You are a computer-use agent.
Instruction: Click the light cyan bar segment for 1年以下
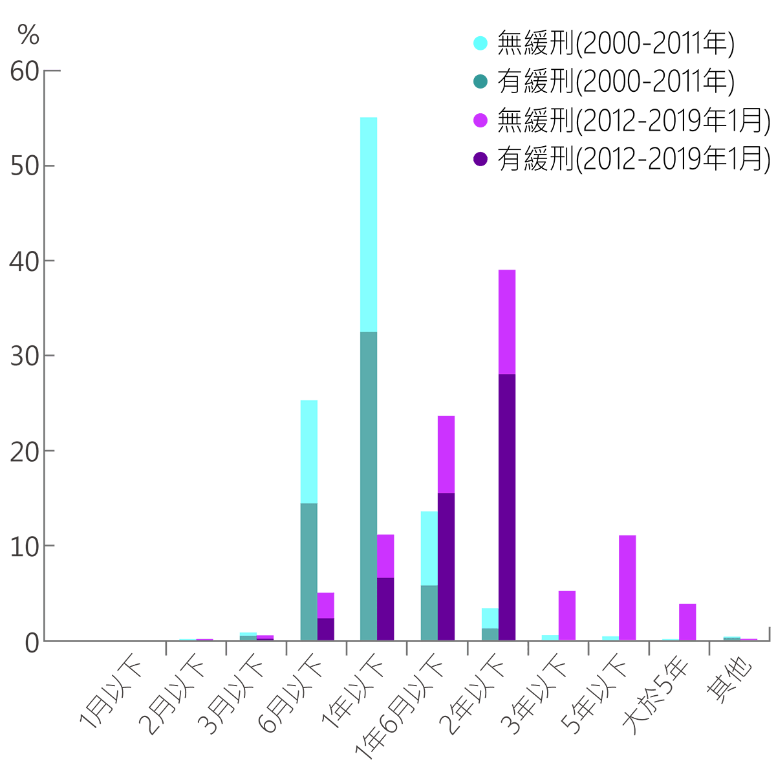(x=368, y=224)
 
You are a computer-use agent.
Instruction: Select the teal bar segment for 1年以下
(x=368, y=485)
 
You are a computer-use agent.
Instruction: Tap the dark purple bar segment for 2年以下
(x=506, y=507)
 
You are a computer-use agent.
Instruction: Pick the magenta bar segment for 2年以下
(x=506, y=321)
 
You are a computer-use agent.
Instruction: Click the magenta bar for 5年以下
(x=627, y=587)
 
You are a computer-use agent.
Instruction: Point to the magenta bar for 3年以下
(x=567, y=615)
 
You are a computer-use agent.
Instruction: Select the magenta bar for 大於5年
(x=687, y=621)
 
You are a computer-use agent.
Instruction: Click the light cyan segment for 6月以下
(x=309, y=451)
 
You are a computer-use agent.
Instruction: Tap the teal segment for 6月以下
(x=309, y=572)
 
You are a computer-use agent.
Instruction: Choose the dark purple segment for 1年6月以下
(x=446, y=566)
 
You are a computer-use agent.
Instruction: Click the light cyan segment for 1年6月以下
(x=429, y=548)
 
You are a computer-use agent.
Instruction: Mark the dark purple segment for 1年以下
(x=385, y=609)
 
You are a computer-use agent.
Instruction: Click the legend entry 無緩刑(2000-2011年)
(x=615, y=43)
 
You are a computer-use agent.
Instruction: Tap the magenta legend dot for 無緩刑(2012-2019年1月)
(x=480, y=120)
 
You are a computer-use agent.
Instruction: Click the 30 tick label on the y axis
(x=25, y=356)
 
